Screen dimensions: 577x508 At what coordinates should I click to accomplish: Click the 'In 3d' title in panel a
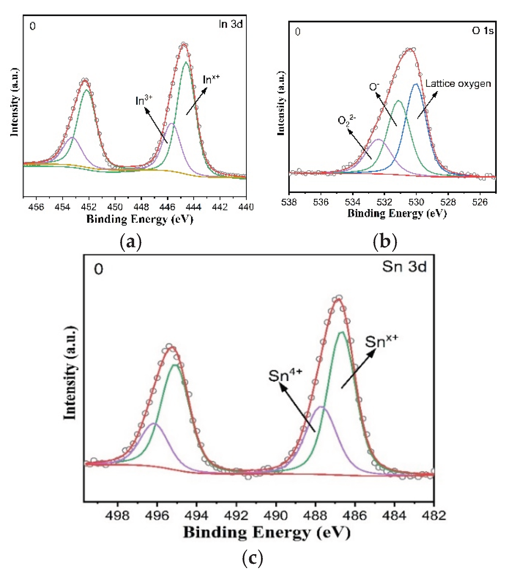click(x=230, y=24)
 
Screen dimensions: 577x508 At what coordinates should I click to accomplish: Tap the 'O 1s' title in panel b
click(x=482, y=30)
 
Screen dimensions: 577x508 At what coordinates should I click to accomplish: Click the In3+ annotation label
click(x=144, y=100)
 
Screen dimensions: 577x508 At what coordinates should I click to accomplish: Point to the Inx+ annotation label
click(x=211, y=79)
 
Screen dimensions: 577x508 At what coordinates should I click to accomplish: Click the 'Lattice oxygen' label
click(x=458, y=84)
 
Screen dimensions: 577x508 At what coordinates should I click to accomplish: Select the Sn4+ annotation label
click(x=285, y=375)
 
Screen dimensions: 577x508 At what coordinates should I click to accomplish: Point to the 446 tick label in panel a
click(x=167, y=207)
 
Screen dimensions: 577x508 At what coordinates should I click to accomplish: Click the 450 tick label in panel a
click(x=115, y=207)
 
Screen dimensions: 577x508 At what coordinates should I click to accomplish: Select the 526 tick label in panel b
click(x=480, y=202)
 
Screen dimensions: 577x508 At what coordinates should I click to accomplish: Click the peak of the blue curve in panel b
click(x=415, y=84)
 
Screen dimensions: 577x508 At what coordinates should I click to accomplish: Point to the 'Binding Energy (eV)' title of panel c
click(x=267, y=533)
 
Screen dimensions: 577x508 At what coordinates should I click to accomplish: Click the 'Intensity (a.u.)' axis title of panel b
click(x=281, y=103)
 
